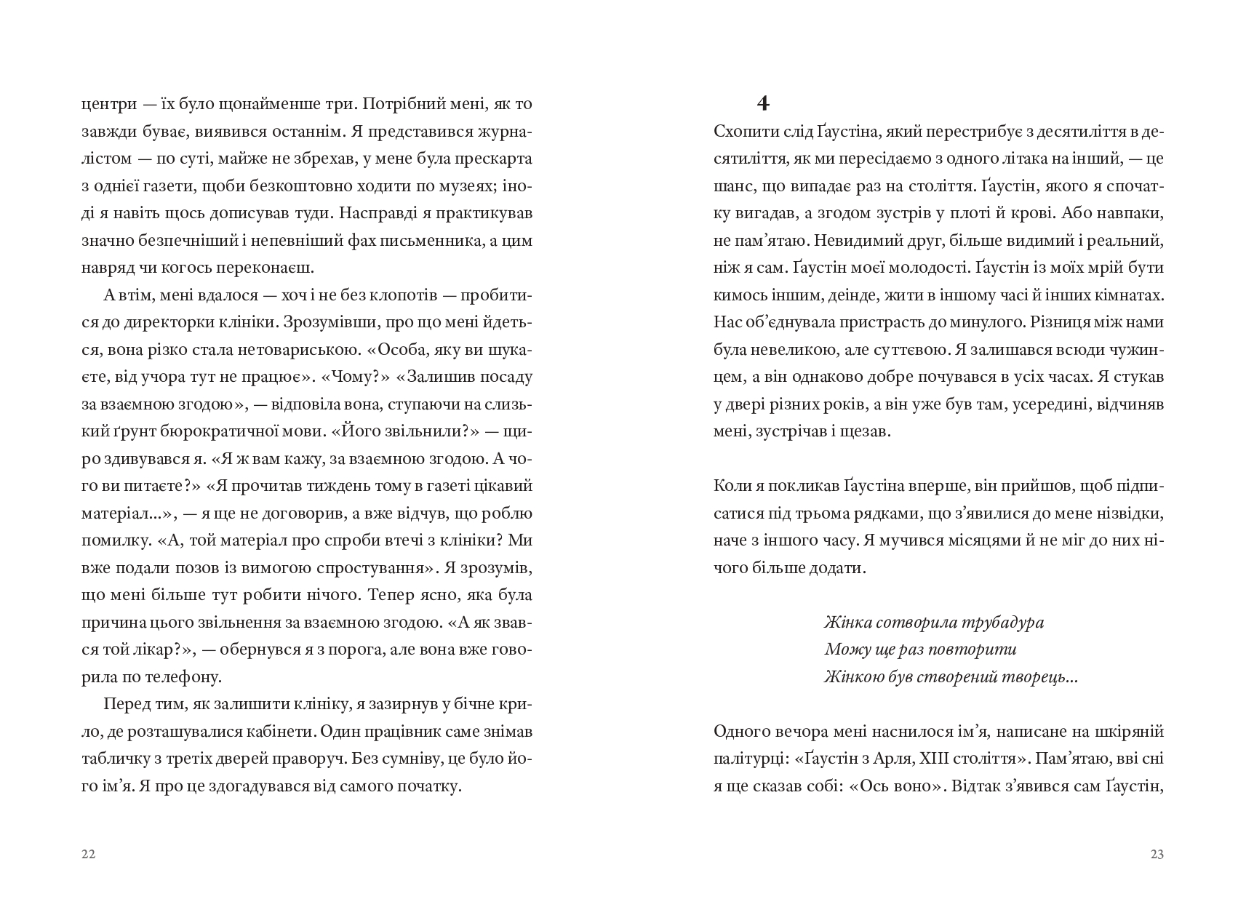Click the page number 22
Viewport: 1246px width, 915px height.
88,855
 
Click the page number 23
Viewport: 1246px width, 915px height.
1157,855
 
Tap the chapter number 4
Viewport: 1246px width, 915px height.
762,104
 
